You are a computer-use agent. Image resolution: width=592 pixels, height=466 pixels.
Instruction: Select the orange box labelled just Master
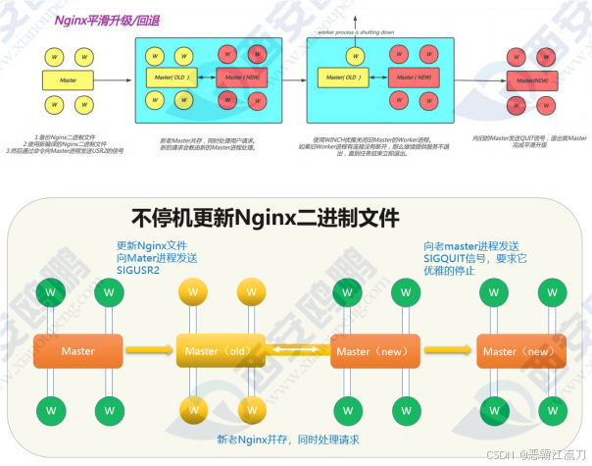(78, 350)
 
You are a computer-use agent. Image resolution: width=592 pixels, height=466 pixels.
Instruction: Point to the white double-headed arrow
(297, 350)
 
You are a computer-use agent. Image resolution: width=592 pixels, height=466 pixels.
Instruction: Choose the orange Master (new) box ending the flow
(519, 350)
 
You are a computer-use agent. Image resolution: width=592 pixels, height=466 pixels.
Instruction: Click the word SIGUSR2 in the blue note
(137, 271)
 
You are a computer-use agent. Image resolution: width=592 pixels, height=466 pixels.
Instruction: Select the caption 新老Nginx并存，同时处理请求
(288, 438)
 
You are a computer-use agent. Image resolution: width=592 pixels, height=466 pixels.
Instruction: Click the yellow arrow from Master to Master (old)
(149, 350)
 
